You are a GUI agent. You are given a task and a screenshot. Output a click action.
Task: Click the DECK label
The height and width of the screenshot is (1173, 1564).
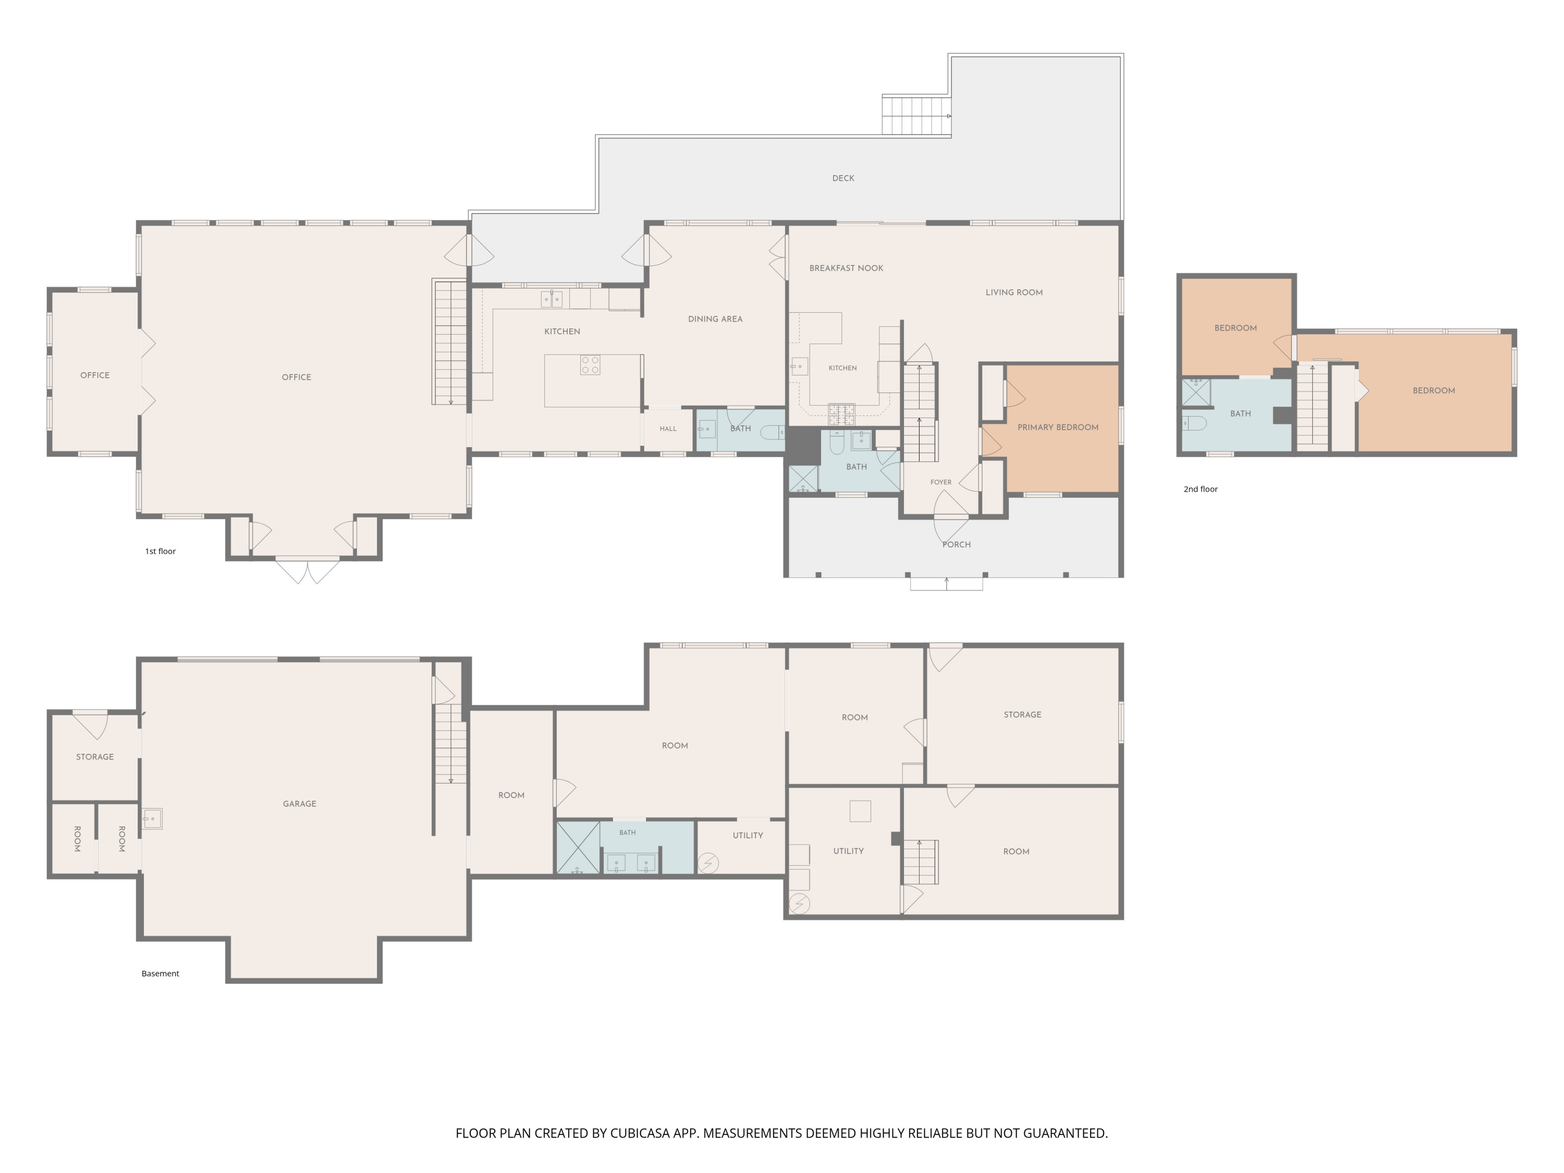pyautogui.click(x=843, y=178)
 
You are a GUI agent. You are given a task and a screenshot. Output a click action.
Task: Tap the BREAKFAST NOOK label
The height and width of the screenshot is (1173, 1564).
pyautogui.click(x=846, y=268)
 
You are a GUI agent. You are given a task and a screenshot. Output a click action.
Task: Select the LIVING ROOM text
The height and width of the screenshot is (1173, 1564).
pyautogui.click(x=1014, y=292)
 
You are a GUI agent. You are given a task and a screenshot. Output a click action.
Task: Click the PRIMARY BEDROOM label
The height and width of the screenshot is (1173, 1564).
pyautogui.click(x=1058, y=427)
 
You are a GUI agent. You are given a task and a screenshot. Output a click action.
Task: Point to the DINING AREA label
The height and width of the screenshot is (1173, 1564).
pyautogui.click(x=715, y=319)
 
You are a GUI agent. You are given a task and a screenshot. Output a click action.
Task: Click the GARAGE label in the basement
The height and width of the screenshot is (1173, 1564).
pyautogui.click(x=299, y=804)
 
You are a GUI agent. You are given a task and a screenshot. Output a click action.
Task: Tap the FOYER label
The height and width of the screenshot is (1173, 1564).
pyautogui.click(x=940, y=482)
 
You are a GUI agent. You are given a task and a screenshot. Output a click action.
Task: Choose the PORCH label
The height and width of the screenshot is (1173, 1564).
pyautogui.click(x=957, y=544)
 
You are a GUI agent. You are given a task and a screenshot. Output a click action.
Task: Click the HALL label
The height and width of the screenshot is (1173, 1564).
pyautogui.click(x=668, y=429)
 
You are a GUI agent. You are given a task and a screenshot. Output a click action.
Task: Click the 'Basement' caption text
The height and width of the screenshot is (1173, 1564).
pyautogui.click(x=160, y=974)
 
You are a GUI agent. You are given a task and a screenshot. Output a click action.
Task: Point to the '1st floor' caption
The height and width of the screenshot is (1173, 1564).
pyautogui.click(x=161, y=552)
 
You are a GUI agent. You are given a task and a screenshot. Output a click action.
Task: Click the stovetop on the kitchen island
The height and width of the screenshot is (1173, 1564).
pyautogui.click(x=590, y=365)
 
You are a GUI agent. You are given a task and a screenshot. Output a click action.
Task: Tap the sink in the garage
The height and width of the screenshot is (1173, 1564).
pyautogui.click(x=152, y=819)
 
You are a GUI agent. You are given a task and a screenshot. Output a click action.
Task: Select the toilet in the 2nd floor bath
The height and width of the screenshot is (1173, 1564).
pyautogui.click(x=1194, y=423)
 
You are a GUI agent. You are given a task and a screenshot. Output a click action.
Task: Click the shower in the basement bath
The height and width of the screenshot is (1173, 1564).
pyautogui.click(x=578, y=847)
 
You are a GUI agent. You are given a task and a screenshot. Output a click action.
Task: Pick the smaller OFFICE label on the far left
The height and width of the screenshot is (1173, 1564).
pyautogui.click(x=95, y=375)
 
